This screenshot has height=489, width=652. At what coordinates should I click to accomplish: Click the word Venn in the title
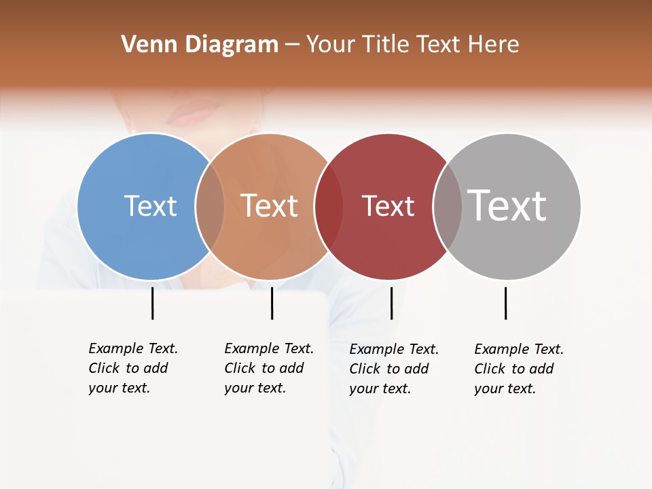click(x=145, y=45)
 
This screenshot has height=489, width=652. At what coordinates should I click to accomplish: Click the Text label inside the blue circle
click(x=150, y=206)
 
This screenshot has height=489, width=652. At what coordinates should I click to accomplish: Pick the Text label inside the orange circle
click(x=270, y=206)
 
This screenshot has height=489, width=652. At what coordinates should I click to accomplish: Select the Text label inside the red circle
click(x=388, y=206)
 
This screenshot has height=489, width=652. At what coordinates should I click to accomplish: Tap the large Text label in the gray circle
click(x=507, y=205)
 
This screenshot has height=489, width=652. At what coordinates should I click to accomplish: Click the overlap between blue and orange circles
click(x=210, y=206)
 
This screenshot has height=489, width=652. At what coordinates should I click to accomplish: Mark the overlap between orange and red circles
click(x=329, y=206)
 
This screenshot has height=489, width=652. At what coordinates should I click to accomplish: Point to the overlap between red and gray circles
click(x=448, y=206)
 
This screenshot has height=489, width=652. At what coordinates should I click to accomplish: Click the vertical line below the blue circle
click(x=152, y=303)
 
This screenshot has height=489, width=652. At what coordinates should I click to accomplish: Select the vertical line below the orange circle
click(x=272, y=303)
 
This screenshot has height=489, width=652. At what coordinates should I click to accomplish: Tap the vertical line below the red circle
click(x=391, y=303)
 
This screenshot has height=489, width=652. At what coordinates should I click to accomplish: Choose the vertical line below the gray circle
click(x=505, y=303)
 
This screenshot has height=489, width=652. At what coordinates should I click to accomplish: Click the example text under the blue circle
click(x=132, y=368)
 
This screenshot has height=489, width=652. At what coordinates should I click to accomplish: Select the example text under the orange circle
click(x=268, y=368)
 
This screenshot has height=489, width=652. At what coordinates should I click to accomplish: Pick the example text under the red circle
click(x=393, y=369)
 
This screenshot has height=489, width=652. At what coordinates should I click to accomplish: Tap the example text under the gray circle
click(x=518, y=369)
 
